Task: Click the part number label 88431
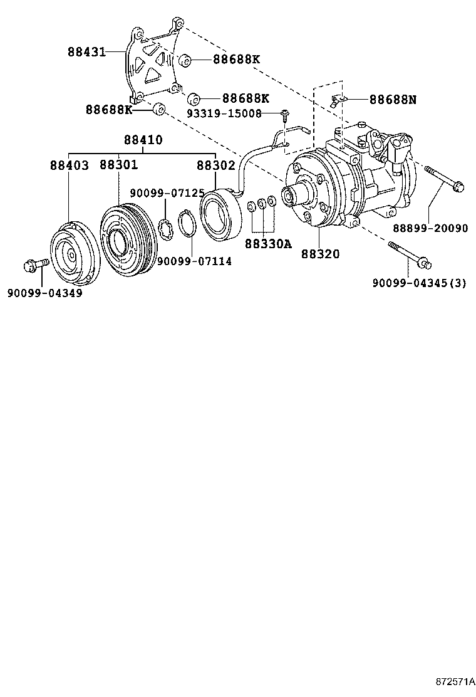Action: point(87,52)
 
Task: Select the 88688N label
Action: point(393,99)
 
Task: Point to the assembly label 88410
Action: point(143,140)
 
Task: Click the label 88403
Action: point(70,165)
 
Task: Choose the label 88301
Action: point(119,165)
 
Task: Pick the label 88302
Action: point(215,165)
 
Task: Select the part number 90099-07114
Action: point(194,261)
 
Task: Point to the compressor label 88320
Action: point(320,254)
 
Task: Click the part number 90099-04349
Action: point(44,293)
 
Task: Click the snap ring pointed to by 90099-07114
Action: point(185,224)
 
